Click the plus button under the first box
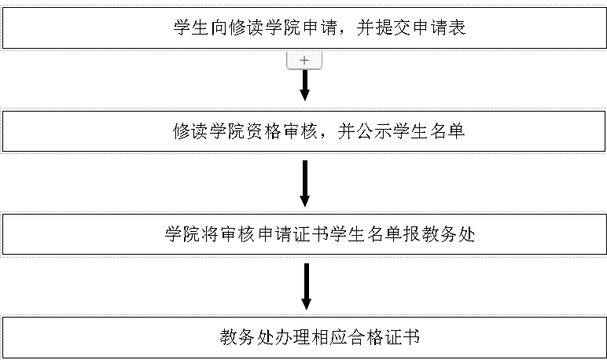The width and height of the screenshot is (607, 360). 304,61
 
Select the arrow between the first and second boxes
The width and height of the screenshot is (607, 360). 304,85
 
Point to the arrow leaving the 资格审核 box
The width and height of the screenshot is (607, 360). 304,183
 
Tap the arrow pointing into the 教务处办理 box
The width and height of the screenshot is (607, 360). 306,286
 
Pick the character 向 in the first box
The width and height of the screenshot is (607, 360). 219,28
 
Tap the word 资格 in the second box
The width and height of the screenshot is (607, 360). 263,131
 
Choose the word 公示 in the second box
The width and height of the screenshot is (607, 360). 374,131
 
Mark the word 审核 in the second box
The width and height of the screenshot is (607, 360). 301,131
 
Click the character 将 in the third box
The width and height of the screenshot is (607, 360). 210,234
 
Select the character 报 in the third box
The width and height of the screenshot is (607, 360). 411,234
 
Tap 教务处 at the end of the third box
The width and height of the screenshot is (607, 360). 448,234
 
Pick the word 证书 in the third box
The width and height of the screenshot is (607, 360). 311,234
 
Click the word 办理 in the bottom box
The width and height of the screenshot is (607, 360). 292,337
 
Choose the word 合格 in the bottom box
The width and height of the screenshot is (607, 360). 365,337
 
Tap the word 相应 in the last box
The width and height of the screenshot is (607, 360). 329,337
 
